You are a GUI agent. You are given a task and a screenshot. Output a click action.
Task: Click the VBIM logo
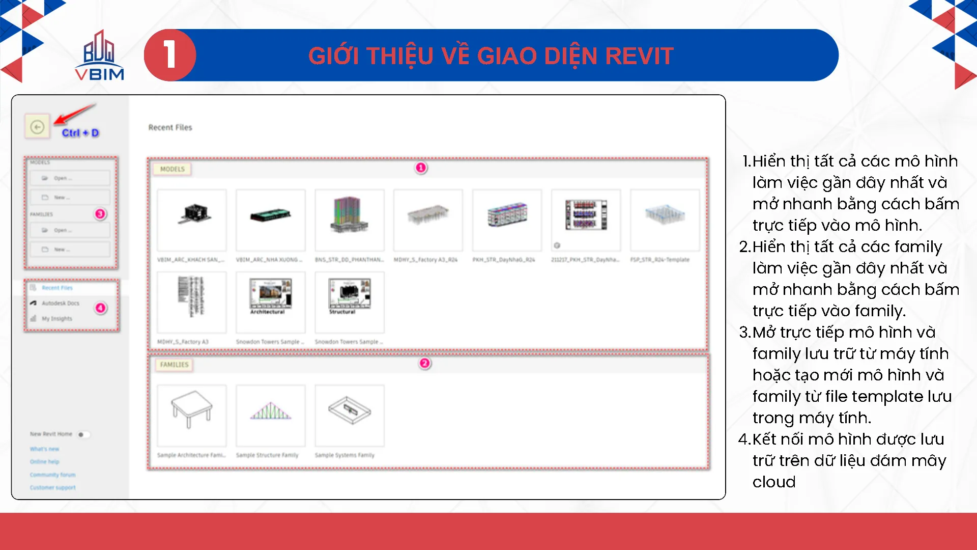pyautogui.click(x=99, y=56)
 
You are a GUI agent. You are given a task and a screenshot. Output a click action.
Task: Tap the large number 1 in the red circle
pyautogui.click(x=170, y=55)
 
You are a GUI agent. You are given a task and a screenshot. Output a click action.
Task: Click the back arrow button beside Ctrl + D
pyautogui.click(x=37, y=127)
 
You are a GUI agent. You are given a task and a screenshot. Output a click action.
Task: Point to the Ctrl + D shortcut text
pyautogui.click(x=80, y=133)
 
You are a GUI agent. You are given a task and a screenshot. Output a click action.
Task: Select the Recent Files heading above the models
pyautogui.click(x=170, y=127)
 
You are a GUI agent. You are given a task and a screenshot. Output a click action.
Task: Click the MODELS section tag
pyautogui.click(x=173, y=169)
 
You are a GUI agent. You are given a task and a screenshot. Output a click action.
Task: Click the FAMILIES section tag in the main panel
pyautogui.click(x=174, y=365)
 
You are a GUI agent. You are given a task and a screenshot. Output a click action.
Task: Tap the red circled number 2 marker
pyautogui.click(x=424, y=364)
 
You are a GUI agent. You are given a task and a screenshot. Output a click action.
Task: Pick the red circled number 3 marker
pyautogui.click(x=100, y=214)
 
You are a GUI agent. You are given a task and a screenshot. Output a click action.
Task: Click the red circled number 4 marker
pyautogui.click(x=101, y=308)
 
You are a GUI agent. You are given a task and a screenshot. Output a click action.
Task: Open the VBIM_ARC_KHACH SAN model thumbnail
pyautogui.click(x=192, y=219)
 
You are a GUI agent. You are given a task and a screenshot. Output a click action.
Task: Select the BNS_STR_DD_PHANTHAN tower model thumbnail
pyautogui.click(x=350, y=219)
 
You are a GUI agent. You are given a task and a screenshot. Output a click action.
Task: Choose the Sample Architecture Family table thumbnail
pyautogui.click(x=192, y=415)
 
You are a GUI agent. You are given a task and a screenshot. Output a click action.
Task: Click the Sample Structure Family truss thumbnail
pyautogui.click(x=271, y=415)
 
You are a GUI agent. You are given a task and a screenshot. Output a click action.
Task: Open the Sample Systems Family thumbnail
pyautogui.click(x=350, y=415)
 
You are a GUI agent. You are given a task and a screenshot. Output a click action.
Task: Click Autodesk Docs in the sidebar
pyautogui.click(x=60, y=304)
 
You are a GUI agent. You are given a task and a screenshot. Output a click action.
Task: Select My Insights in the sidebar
pyautogui.click(x=56, y=319)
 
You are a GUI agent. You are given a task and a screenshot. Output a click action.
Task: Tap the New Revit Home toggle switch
pyautogui.click(x=83, y=434)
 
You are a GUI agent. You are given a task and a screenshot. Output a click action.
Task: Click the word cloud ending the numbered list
pyautogui.click(x=773, y=482)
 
